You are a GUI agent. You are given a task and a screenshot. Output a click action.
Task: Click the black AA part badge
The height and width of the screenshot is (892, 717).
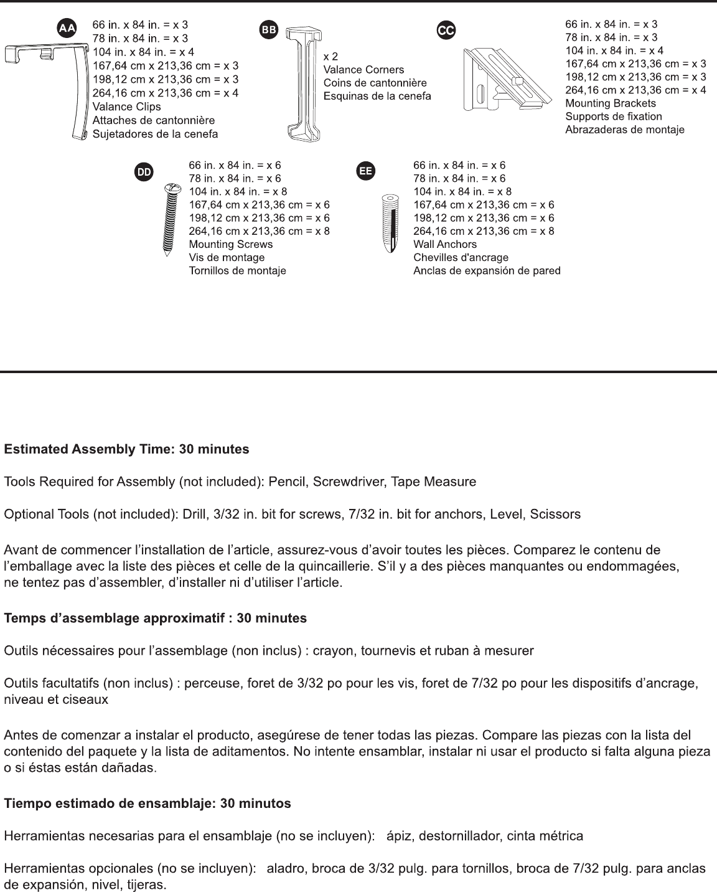67,29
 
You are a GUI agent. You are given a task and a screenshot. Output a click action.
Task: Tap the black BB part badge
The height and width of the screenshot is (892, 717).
269,30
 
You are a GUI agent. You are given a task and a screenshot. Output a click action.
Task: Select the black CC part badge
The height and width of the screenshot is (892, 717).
446,30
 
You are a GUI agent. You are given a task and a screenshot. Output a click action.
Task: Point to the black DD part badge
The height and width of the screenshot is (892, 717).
144,173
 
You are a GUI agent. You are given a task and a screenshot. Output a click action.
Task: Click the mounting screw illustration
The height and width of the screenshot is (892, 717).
170,221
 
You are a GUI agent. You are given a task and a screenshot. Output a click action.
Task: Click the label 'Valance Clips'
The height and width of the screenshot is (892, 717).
126,107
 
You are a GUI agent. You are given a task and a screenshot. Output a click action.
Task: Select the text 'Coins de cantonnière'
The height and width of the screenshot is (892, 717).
375,83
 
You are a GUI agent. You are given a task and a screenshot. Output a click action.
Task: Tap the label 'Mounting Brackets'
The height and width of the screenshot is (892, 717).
611,103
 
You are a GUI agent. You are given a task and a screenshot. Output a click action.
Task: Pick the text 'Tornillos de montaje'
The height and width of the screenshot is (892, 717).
237,271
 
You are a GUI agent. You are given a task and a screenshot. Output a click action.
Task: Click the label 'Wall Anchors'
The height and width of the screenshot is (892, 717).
445,244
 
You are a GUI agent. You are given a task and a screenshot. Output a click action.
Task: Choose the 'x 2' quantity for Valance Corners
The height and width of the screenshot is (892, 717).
330,57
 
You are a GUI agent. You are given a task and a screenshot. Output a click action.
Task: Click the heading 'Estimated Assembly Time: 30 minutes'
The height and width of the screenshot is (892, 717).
127,449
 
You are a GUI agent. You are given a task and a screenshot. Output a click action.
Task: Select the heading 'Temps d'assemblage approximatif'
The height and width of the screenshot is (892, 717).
156,619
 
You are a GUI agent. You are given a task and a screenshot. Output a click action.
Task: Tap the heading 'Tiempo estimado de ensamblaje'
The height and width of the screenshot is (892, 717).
148,804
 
